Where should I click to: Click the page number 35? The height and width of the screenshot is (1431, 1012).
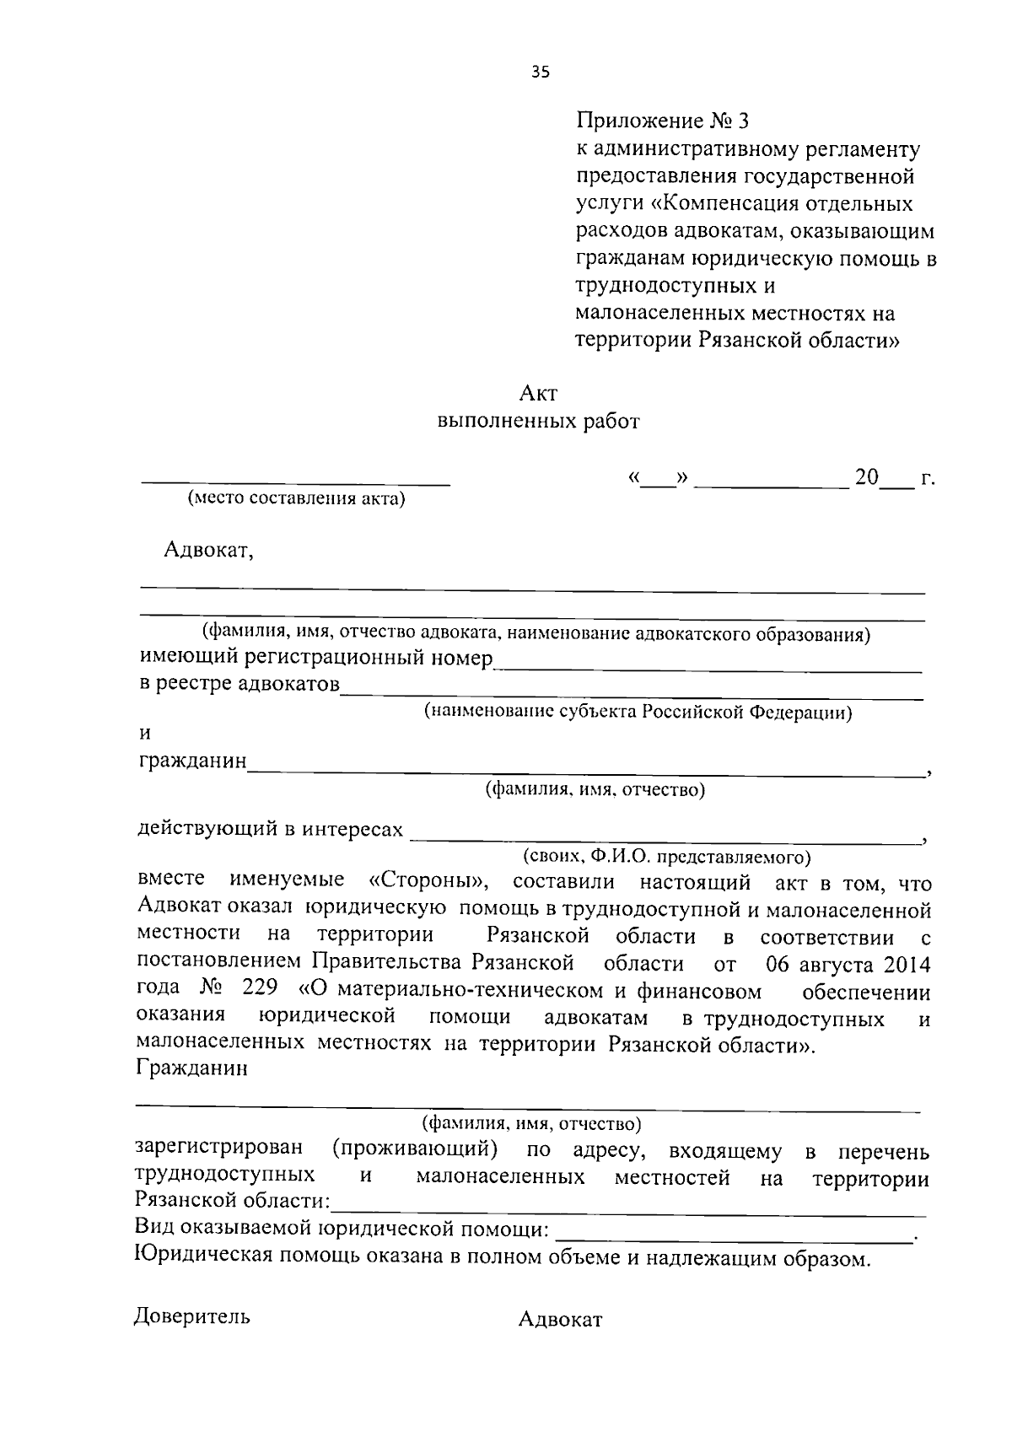pos(541,73)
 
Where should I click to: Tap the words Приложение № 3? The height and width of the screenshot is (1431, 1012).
pos(661,121)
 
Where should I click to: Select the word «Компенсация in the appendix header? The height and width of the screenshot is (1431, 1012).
pos(726,203)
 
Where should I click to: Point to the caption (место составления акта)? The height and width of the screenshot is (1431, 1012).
pos(296,498)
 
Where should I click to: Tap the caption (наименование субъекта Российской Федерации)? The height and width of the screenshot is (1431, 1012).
pos(638,712)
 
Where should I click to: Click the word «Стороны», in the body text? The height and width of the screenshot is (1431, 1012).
pos(430,881)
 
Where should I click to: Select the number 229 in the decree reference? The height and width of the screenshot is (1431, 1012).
pos(258,989)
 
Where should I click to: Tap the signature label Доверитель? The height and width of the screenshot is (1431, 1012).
pos(192,1317)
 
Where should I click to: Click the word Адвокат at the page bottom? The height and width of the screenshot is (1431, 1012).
pos(560,1320)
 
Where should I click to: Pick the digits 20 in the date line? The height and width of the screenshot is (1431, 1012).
pos(866,477)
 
